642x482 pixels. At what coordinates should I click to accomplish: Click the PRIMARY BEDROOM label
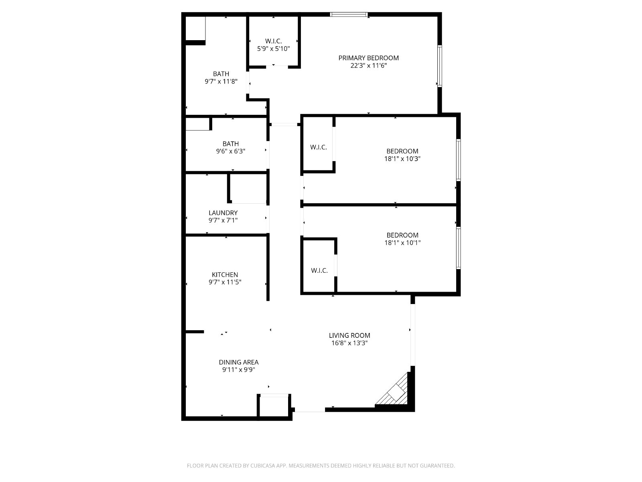tap(368, 58)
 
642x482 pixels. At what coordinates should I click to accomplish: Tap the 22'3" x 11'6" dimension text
tap(368, 65)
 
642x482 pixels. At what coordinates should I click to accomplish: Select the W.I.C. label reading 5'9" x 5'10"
tap(273, 41)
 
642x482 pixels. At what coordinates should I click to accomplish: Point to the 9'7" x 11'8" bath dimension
tap(221, 82)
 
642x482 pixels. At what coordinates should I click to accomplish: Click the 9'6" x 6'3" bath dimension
tap(230, 151)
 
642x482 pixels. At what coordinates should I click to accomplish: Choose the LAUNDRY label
tap(223, 213)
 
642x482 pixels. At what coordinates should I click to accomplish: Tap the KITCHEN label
tap(225, 275)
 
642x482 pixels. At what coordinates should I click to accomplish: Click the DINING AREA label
tap(239, 362)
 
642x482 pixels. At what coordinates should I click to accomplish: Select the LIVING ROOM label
tap(349, 336)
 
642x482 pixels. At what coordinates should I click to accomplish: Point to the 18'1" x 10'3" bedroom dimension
tap(402, 159)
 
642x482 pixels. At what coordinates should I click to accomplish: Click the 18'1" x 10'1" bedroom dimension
tap(402, 243)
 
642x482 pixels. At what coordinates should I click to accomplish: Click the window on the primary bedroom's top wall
tap(349, 14)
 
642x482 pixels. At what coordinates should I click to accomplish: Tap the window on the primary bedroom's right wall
tap(440, 66)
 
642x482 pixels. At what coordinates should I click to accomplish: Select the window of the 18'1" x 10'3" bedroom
tap(458, 160)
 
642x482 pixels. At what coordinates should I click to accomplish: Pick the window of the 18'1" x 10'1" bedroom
tap(458, 248)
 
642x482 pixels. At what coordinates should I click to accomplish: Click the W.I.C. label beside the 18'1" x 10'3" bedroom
tap(318, 147)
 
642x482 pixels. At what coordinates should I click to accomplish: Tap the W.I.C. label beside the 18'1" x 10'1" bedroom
tap(319, 271)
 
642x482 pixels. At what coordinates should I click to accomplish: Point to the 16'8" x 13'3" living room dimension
tap(349, 343)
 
